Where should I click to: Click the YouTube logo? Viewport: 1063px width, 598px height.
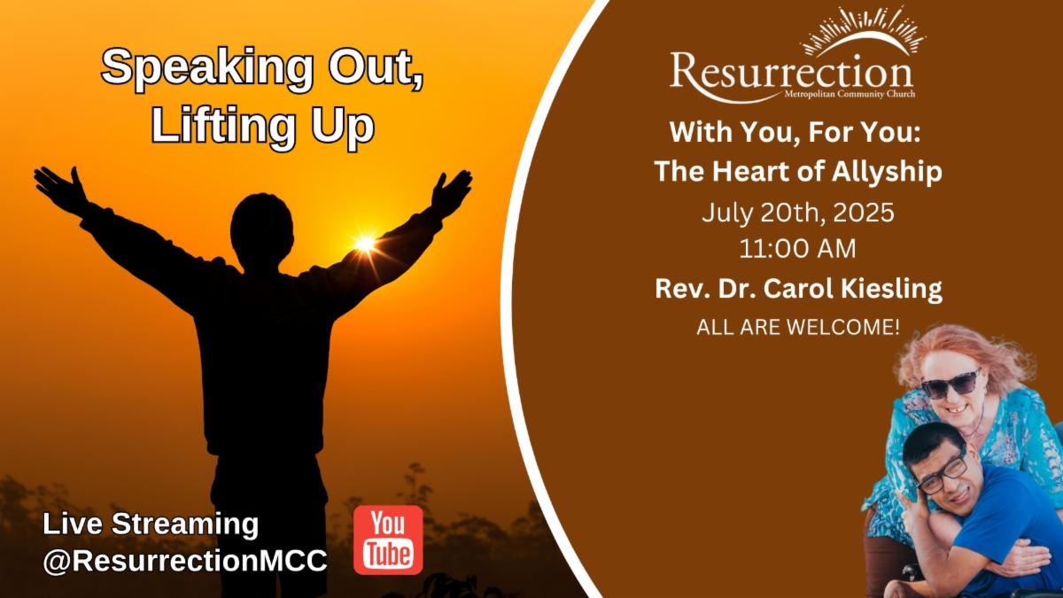388,540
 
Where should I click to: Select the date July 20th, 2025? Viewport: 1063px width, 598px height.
798,213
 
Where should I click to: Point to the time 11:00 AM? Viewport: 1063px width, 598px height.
798,249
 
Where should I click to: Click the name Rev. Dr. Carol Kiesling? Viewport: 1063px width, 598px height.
799,289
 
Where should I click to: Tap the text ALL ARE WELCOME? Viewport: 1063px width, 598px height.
798,328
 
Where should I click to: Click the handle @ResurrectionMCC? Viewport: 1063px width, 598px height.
185,561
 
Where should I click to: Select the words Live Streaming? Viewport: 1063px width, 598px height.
151,524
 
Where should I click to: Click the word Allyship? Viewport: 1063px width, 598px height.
887,172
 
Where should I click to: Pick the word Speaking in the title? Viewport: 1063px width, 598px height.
207,68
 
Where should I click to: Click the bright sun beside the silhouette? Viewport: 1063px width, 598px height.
365,244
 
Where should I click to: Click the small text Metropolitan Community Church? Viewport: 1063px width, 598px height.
850,94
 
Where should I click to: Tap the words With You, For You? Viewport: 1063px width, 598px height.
795,132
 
